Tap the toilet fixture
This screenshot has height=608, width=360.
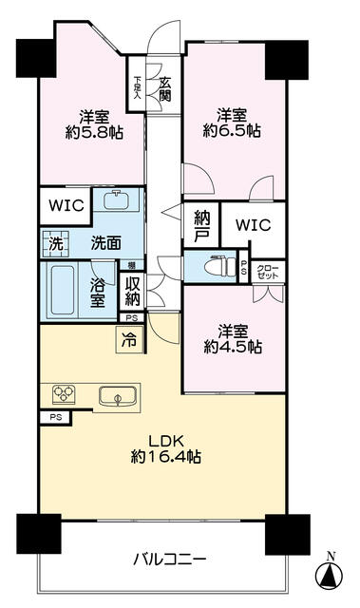pos(218,267)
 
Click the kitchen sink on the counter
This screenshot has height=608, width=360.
pos(117,395)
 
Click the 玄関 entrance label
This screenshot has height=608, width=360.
pos(164,92)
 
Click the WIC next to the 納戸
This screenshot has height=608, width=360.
pos(253,225)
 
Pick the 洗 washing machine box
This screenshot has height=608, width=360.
pos(55,243)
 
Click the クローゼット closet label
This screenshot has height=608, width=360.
pos(268,269)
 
